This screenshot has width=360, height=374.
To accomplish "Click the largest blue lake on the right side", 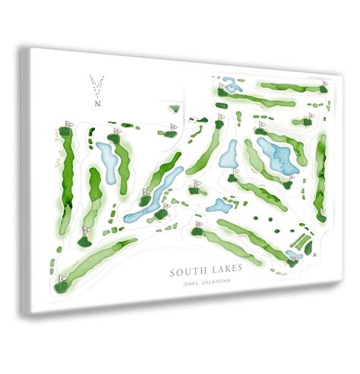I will (276, 156).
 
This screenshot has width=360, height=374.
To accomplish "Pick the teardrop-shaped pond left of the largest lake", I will (229, 153).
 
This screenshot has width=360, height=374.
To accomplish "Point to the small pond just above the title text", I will (219, 206).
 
